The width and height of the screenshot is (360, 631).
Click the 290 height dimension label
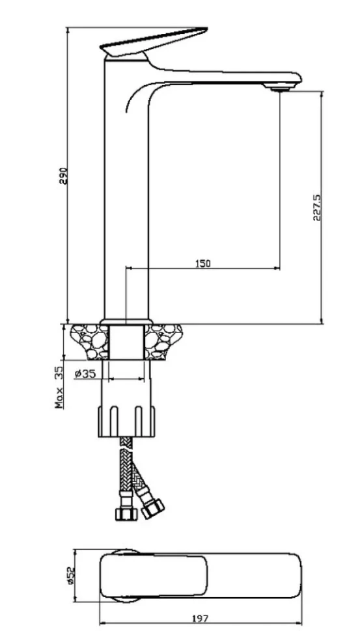64,175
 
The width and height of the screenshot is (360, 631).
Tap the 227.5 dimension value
316,208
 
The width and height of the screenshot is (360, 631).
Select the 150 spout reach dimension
203,263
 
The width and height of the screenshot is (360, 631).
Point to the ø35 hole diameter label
85,373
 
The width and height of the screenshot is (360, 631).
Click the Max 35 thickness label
59,387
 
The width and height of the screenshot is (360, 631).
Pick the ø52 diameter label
70,576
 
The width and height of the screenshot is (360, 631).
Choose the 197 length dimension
201,618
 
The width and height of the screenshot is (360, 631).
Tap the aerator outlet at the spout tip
281,88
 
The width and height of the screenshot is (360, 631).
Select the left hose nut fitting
126,513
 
